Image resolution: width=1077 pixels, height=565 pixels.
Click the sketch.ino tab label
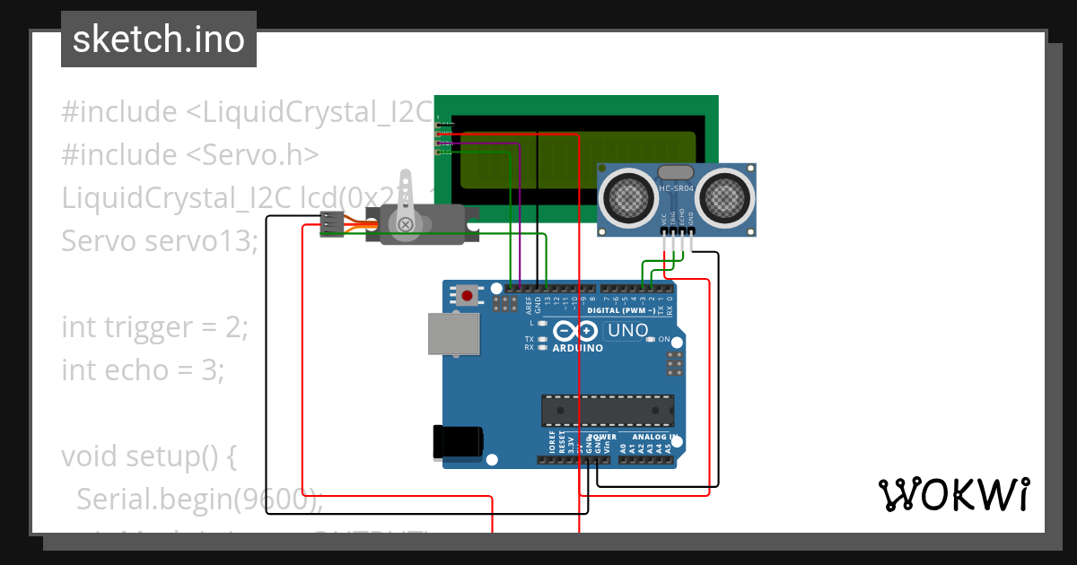[x=159, y=39]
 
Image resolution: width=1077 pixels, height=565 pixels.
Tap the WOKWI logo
[x=953, y=494]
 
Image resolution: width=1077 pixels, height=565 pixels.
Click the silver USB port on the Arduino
[x=454, y=334]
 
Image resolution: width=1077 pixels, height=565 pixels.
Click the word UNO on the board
[x=628, y=330]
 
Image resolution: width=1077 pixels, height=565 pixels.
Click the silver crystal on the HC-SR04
[x=675, y=171]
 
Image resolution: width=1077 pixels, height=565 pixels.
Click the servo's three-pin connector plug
[x=332, y=224]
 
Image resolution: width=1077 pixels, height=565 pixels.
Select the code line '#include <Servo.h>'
[x=190, y=155]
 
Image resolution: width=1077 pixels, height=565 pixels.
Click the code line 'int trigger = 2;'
[x=154, y=327]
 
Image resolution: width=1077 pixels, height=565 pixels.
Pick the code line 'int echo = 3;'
[x=143, y=369]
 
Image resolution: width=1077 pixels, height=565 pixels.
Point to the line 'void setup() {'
[x=148, y=456]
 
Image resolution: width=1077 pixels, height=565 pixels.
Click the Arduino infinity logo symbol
[x=575, y=330]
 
